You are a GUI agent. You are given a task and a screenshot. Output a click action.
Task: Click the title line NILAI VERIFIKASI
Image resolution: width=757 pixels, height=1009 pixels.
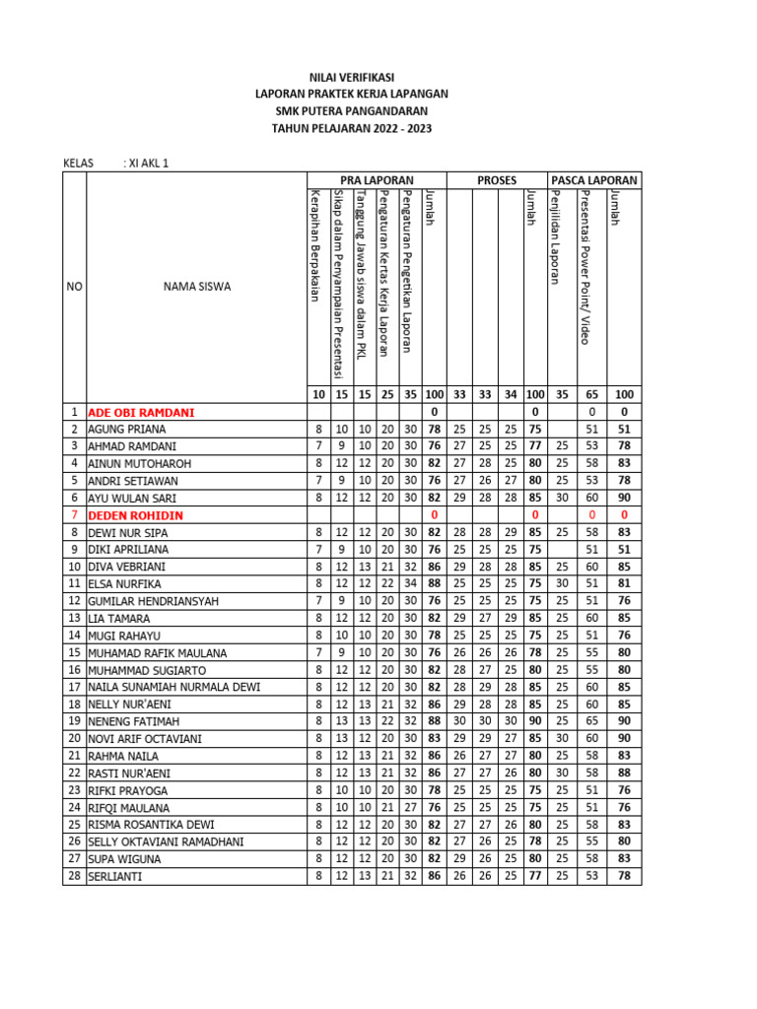click(x=352, y=75)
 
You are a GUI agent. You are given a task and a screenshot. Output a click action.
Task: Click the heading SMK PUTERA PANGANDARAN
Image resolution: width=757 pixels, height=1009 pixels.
click(x=352, y=110)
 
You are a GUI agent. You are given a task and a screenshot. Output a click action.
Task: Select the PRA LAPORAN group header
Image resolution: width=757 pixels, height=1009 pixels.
click(x=376, y=180)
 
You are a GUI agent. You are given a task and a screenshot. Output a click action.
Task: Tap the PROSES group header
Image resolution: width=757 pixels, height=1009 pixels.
click(x=497, y=180)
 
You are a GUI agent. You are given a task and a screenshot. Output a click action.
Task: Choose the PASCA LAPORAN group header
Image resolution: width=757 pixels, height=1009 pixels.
click(x=594, y=180)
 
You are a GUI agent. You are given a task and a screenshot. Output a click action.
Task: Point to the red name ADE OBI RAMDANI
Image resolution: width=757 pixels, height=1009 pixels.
click(x=141, y=412)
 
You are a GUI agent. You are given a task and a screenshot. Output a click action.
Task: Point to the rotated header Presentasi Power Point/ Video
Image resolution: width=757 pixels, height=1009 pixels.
click(x=587, y=266)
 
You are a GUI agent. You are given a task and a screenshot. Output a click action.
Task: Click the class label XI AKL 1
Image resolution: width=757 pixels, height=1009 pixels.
click(x=153, y=164)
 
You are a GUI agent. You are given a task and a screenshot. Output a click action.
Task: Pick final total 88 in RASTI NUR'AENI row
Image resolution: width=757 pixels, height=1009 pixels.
click(x=623, y=774)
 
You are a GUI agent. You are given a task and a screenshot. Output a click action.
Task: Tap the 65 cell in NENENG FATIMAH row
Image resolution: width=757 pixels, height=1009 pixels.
click(x=591, y=721)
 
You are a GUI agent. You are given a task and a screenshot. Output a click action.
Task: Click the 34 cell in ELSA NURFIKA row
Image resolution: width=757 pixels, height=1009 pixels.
click(x=410, y=584)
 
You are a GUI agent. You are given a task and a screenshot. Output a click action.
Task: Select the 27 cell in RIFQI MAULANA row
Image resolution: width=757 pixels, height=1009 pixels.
click(x=410, y=807)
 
